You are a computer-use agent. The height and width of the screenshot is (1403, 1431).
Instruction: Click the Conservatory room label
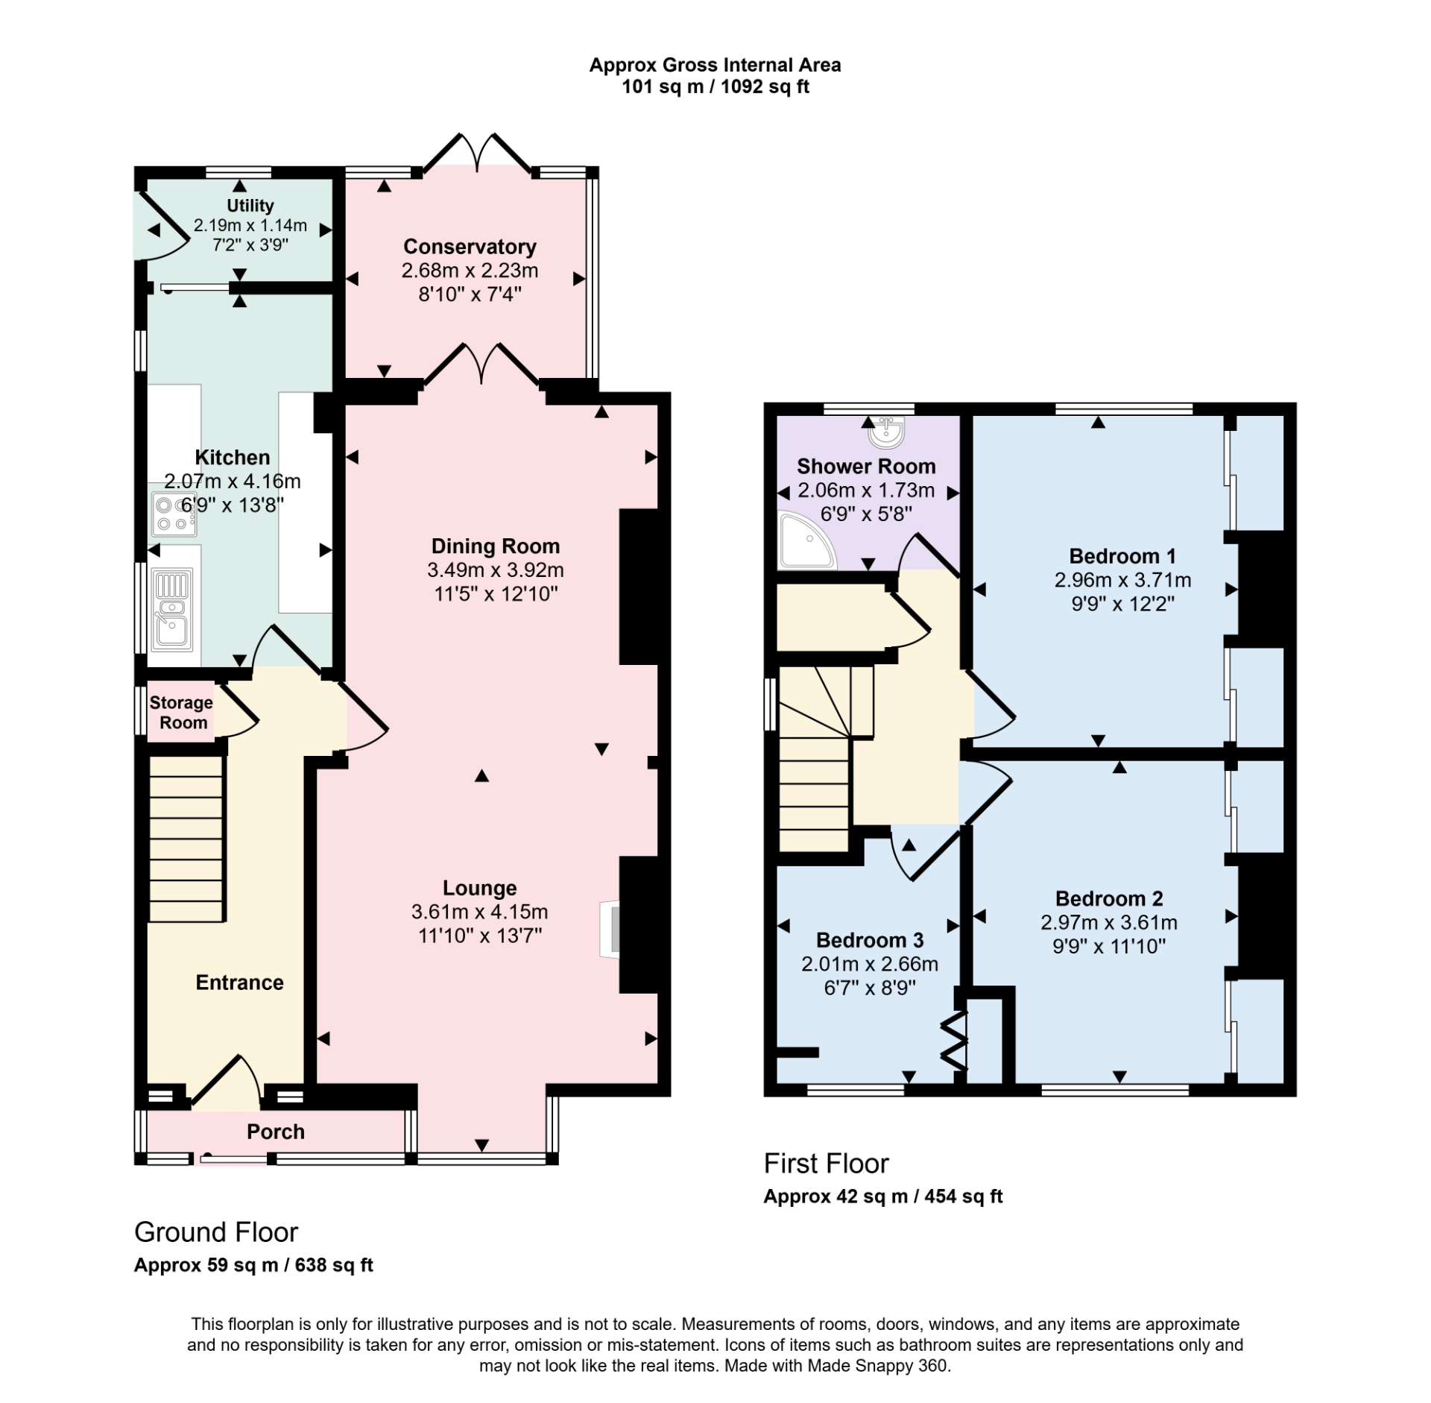tap(470, 247)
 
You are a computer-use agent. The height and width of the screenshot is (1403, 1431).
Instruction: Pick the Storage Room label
tap(181, 713)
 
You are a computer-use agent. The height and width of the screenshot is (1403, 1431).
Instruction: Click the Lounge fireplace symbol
tap(610, 929)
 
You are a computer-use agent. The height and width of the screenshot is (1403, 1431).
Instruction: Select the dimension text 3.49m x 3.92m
tap(495, 570)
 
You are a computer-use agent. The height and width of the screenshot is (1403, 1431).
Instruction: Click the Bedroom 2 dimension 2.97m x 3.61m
tap(1109, 923)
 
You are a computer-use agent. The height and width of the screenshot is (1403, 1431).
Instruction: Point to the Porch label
tap(276, 1132)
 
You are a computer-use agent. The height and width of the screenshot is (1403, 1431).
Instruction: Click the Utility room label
tap(250, 206)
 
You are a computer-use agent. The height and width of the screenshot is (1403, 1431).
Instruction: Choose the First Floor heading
tap(826, 1164)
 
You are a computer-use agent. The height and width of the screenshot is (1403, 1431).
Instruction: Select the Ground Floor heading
tap(216, 1232)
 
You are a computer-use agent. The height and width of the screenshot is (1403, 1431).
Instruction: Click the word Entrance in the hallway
tap(239, 983)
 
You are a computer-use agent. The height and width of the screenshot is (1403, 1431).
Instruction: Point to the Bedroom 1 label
tap(1122, 556)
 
